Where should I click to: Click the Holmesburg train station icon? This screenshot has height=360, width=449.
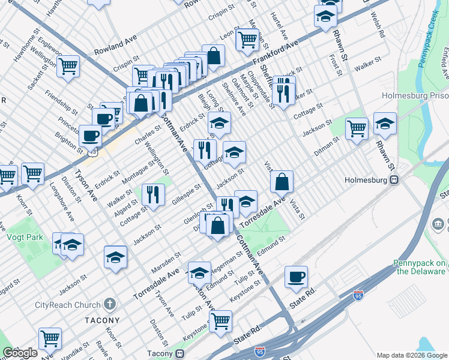(x=394, y=179)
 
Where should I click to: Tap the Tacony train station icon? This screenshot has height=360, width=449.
(x=179, y=353)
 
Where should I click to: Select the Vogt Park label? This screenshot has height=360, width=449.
(x=25, y=237)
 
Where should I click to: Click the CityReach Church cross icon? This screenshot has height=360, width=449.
(x=109, y=305)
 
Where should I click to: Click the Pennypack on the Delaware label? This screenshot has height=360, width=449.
(x=420, y=267)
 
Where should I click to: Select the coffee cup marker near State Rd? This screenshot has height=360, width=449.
(x=296, y=276)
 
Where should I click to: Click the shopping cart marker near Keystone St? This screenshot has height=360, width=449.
(x=220, y=320)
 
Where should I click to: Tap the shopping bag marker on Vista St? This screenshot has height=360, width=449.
(x=282, y=181)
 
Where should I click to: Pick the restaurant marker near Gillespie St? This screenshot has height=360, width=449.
(x=153, y=194)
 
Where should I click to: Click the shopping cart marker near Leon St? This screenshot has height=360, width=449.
(x=247, y=39)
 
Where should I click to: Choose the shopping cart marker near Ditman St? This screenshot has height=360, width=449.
(x=357, y=127)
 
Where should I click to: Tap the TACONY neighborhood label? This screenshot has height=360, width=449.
(x=102, y=320)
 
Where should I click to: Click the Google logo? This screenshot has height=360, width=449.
(x=20, y=353)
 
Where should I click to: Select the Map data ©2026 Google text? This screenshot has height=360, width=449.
(x=411, y=355)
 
